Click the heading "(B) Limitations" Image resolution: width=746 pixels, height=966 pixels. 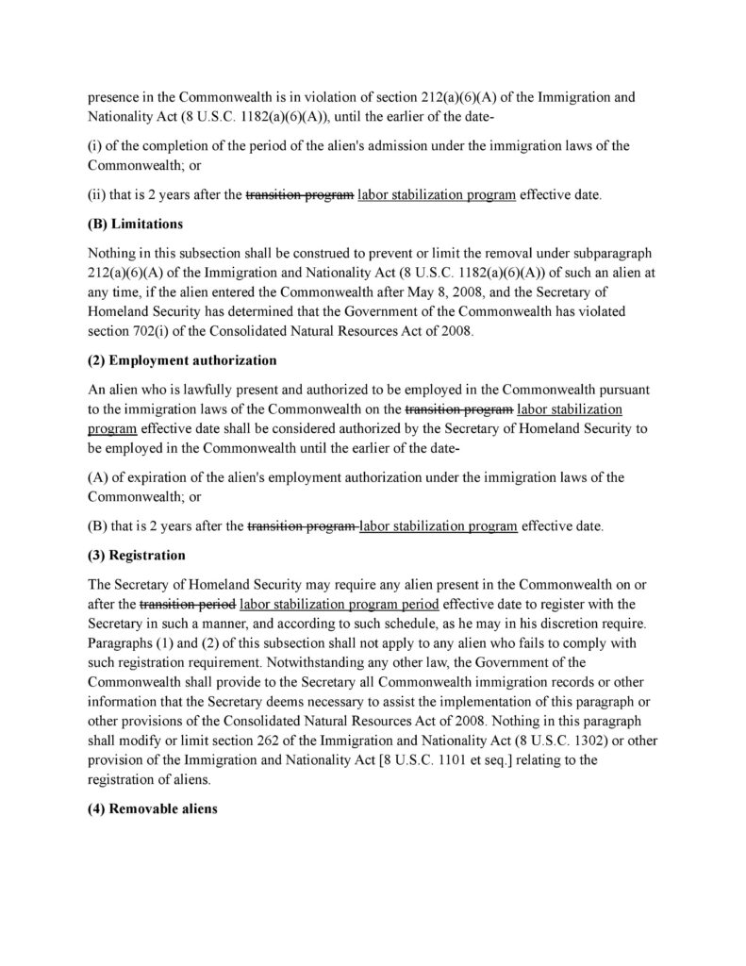(x=135, y=225)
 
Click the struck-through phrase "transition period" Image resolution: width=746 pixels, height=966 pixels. (x=188, y=603)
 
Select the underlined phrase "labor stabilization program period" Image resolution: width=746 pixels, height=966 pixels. (x=340, y=603)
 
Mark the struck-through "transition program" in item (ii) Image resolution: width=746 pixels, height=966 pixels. (x=300, y=196)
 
